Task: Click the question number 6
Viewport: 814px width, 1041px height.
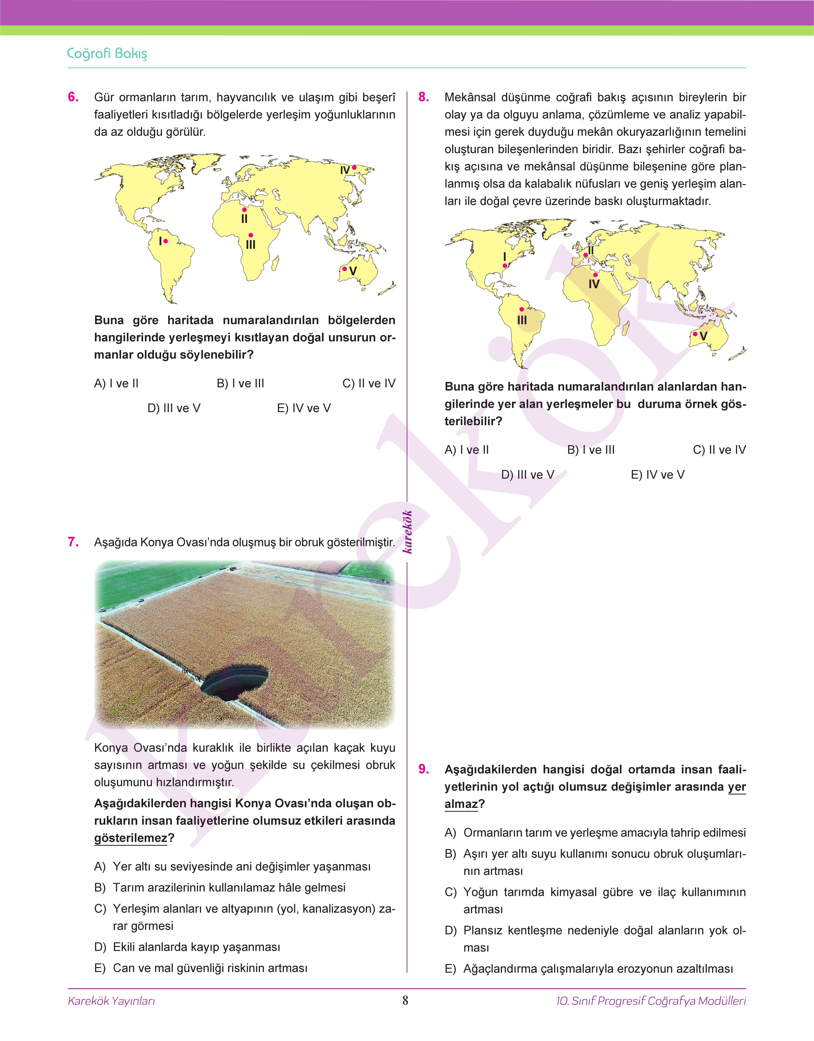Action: [x=73, y=97]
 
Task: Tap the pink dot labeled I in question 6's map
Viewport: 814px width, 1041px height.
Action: [x=165, y=241]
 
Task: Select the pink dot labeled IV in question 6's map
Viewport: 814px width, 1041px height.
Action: [x=354, y=167]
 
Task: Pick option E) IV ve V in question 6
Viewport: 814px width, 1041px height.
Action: [x=304, y=408]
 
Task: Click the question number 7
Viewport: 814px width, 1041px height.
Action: [x=73, y=542]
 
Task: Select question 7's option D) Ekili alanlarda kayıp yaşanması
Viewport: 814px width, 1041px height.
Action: [x=196, y=947]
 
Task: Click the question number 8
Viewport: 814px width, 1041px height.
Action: [x=424, y=97]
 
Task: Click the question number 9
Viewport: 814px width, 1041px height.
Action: [x=424, y=770]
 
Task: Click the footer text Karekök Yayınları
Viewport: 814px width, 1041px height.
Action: [x=112, y=1001]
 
